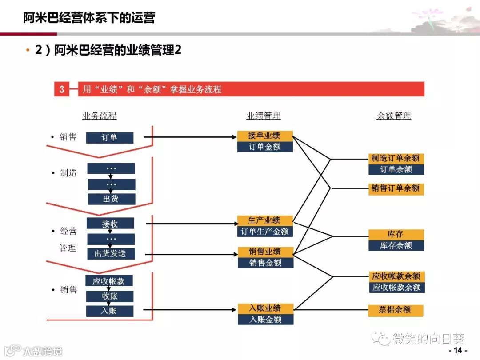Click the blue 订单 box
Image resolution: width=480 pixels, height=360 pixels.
coord(109,138)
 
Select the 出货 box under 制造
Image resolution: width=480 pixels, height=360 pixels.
coord(111,199)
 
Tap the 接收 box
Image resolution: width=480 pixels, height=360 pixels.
coord(110,224)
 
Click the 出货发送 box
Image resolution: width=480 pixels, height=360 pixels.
coord(110,253)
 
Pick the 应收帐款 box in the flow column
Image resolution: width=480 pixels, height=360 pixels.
coord(109,281)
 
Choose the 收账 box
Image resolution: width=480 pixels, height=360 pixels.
coord(110,296)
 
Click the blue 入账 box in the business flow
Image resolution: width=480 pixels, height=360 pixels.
coord(109,311)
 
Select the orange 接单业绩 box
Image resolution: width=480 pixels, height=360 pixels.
coord(265,136)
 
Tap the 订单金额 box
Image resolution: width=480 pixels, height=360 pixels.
coord(265,147)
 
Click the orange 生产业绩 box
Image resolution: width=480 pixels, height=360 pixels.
coord(265,220)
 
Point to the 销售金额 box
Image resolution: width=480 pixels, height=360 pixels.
coord(265,263)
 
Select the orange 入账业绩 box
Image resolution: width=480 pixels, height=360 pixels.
coord(265,308)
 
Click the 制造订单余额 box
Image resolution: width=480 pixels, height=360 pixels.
coord(396,158)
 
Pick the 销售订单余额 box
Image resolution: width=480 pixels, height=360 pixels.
coord(396,188)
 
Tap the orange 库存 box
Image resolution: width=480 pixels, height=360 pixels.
coord(396,234)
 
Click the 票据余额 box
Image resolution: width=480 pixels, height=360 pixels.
coord(396,310)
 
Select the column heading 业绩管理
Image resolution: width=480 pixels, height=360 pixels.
coord(264,116)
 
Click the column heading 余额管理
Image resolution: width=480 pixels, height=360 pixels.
coord(394,116)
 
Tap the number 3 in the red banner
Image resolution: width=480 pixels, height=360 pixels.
coord(62,89)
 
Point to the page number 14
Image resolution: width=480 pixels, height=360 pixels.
coord(458,351)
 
